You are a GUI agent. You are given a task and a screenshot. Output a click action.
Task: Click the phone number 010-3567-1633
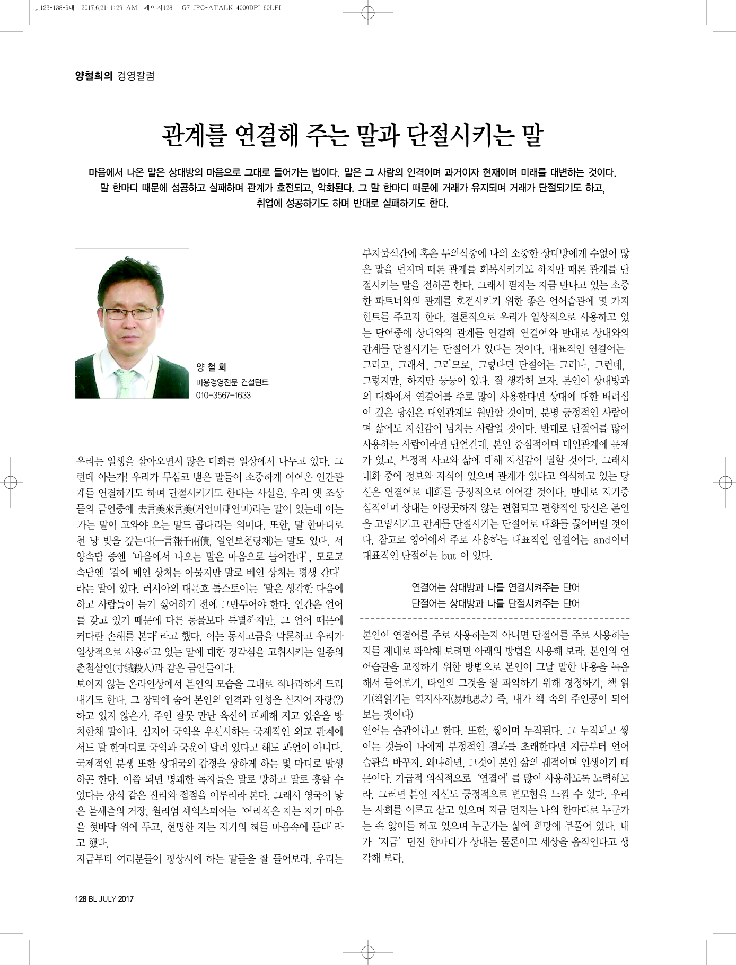coord(223,396)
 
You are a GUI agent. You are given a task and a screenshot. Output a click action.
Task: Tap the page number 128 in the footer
coord(82,899)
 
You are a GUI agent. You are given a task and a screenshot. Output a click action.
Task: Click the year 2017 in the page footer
coord(126,899)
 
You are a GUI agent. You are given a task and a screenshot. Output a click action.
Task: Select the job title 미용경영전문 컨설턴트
coord(232,382)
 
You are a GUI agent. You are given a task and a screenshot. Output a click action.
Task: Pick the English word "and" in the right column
coord(602,540)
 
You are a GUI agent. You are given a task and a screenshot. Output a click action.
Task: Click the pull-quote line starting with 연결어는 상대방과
coord(495,587)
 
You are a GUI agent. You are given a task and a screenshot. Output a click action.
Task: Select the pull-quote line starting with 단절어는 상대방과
coord(495,603)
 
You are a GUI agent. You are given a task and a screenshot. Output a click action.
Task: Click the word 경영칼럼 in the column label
coord(136,76)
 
